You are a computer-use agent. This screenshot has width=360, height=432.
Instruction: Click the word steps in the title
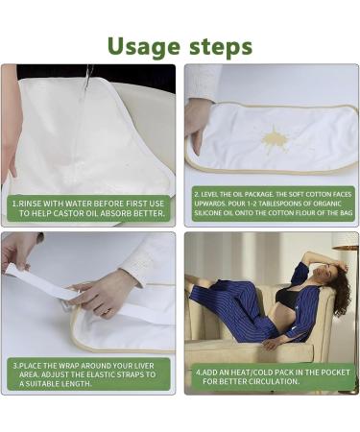[220, 46]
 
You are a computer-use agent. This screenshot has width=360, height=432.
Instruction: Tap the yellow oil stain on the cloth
[276, 140]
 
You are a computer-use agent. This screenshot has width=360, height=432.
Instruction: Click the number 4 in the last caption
[199, 371]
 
